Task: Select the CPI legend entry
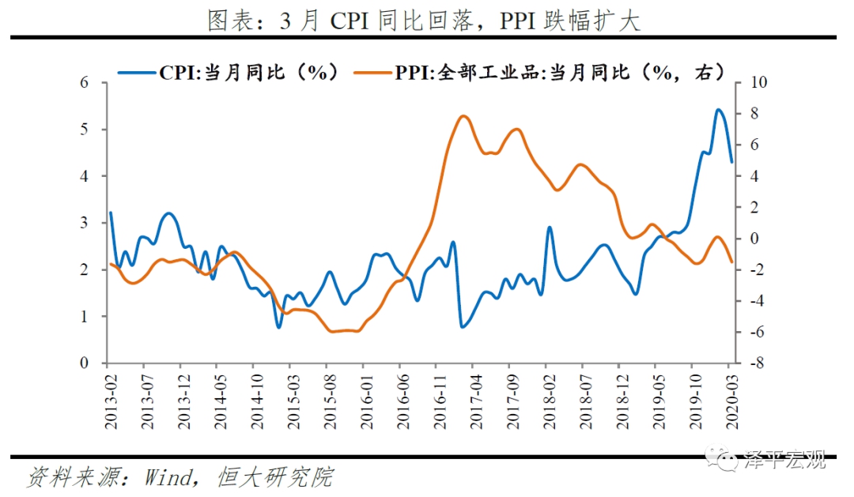pyautogui.click(x=229, y=73)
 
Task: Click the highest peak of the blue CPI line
pyautogui.click(x=719, y=110)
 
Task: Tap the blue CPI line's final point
pyautogui.click(x=732, y=162)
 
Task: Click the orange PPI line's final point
pyautogui.click(x=732, y=262)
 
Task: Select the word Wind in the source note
pyautogui.click(x=168, y=477)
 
